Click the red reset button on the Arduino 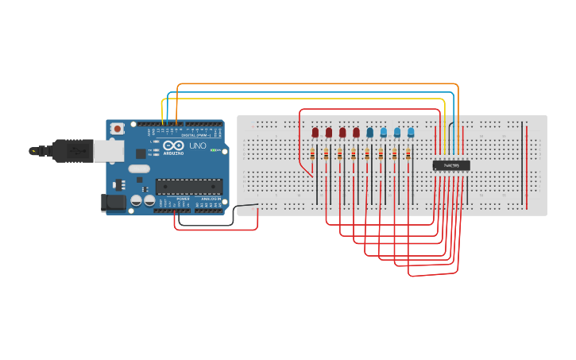tap(117, 128)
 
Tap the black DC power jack tap(114, 203)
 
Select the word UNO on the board tap(197, 146)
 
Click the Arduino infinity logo tap(176, 146)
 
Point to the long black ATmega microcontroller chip tap(188, 187)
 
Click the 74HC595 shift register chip tap(451, 165)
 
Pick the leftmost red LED tap(315, 132)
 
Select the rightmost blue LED tap(411, 132)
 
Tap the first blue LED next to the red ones tap(369, 132)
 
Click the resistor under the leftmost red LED tap(312, 155)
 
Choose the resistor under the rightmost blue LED tap(408, 155)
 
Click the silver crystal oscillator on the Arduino tap(139, 168)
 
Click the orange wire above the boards tap(318, 83)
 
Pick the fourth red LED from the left tap(356, 132)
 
